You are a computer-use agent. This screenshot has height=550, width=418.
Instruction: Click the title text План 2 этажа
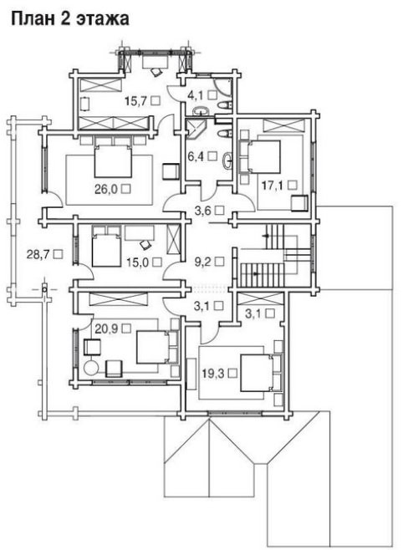(x=70, y=18)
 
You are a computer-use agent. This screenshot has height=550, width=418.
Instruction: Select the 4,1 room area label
(x=196, y=94)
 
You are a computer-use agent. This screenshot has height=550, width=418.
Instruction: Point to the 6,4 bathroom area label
(x=195, y=156)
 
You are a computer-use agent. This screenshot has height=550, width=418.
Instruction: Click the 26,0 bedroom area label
(x=105, y=190)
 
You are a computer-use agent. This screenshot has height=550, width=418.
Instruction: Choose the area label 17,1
(x=273, y=186)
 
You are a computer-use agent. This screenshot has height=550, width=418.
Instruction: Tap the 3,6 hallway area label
(x=203, y=210)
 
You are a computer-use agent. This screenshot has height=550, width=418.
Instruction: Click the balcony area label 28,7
(x=38, y=254)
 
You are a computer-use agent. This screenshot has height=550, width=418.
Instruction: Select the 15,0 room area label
(x=137, y=262)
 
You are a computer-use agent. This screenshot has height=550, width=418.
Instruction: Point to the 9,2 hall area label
(x=203, y=262)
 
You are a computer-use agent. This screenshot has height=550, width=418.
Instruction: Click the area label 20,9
(x=105, y=328)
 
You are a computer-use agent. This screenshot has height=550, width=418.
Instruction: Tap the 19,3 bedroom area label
(x=213, y=374)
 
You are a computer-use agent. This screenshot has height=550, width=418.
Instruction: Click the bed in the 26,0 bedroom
(x=113, y=161)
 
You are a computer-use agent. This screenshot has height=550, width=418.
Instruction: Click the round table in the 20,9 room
(x=91, y=368)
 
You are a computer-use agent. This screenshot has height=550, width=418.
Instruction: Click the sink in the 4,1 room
(x=201, y=111)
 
